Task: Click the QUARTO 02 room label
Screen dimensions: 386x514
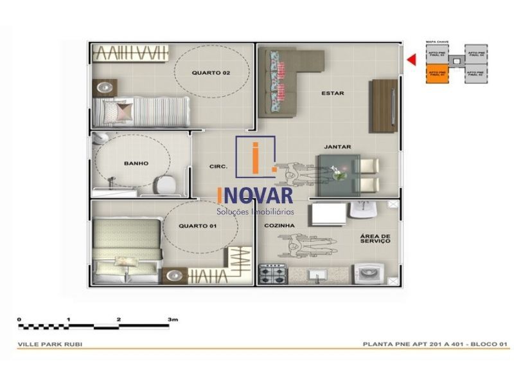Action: click(211, 73)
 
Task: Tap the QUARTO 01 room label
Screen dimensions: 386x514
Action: click(197, 226)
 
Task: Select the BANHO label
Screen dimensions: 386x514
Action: click(136, 163)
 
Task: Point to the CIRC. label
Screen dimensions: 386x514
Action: click(218, 167)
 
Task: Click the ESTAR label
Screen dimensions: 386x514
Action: click(332, 93)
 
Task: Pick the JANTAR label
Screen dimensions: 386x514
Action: click(337, 147)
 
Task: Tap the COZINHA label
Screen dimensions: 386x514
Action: click(279, 226)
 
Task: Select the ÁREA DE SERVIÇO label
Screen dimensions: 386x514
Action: click(376, 240)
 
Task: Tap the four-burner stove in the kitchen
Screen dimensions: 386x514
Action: click(272, 275)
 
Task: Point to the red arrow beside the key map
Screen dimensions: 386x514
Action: click(411, 60)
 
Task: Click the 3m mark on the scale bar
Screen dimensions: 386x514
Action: click(172, 319)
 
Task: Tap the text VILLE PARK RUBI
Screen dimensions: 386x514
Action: click(50, 344)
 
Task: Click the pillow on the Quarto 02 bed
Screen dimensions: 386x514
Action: click(122, 111)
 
